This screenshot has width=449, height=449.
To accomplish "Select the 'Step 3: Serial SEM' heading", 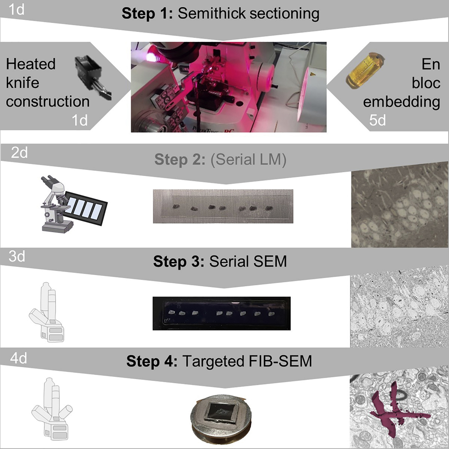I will pos(220,261).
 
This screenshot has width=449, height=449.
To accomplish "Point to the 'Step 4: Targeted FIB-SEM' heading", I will pos(219,361).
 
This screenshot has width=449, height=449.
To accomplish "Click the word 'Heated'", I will pos(31,64).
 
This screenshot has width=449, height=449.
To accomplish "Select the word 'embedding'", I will pos(401,102).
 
